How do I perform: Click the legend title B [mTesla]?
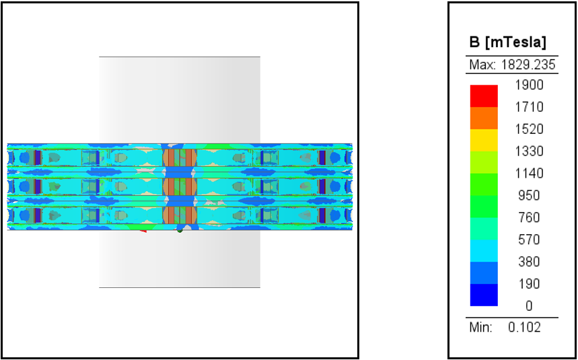coord(507,43)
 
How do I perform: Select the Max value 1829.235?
coord(528,65)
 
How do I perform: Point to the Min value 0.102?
coord(524,327)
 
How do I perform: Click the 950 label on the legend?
coord(529,195)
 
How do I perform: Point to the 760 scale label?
coord(529,217)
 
